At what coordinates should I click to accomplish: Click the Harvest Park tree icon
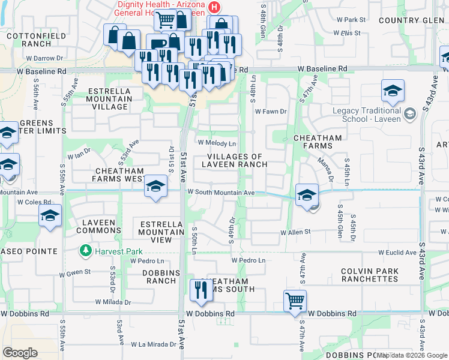click(86, 250)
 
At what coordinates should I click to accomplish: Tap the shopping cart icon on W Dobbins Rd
click(295, 300)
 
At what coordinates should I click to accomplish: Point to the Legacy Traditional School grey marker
click(410, 113)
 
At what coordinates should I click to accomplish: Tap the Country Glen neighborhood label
click(411, 20)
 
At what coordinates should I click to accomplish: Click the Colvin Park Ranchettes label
click(369, 275)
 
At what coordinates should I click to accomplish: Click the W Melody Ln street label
click(217, 144)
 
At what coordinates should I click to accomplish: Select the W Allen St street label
click(295, 232)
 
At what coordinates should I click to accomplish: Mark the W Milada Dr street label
click(112, 302)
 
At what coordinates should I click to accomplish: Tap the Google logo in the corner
click(20, 353)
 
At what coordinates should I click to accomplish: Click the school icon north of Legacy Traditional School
click(393, 91)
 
